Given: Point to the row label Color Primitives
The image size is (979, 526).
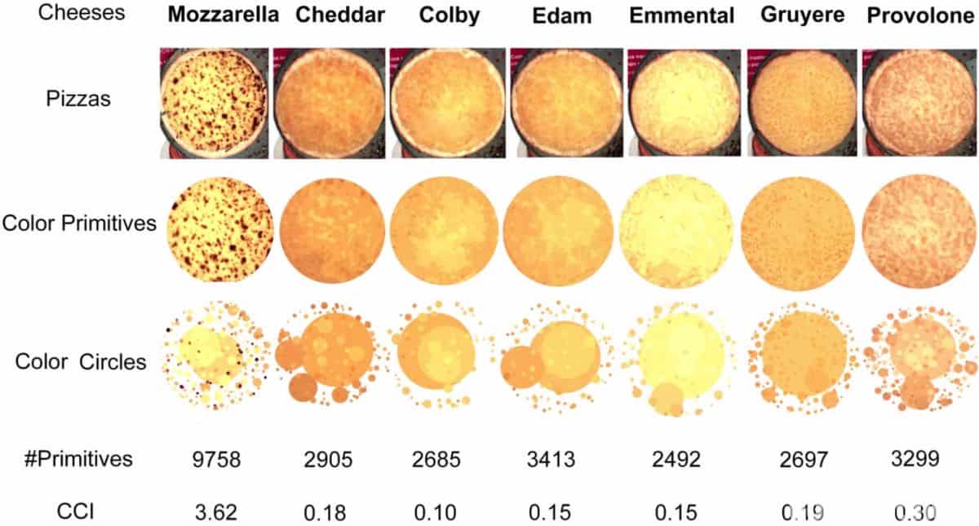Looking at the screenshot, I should pyautogui.click(x=79, y=223).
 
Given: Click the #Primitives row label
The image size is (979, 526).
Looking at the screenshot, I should pyautogui.click(x=79, y=459).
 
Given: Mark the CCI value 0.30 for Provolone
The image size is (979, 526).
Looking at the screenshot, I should pyautogui.click(x=914, y=512).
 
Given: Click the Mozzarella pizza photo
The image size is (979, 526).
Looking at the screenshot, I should pyautogui.click(x=215, y=102).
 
